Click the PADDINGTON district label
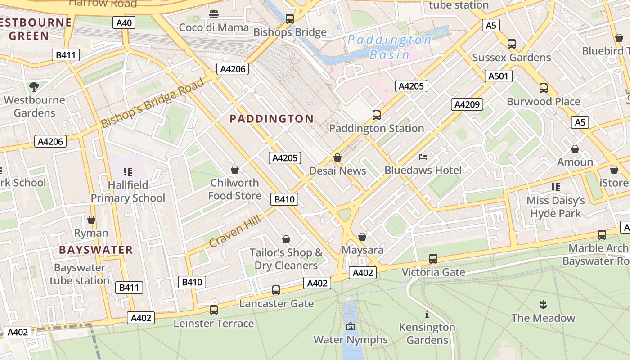(271, 119)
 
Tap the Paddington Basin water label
(389, 47)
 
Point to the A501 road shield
(498, 76)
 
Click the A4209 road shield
(467, 104)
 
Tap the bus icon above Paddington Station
(377, 115)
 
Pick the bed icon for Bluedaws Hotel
(423, 157)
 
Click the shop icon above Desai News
(337, 157)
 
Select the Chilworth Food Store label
(234, 189)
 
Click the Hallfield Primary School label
(128, 191)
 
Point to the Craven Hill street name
(235, 231)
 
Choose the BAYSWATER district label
(96, 250)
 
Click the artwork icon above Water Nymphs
(351, 326)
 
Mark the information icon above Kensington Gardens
(427, 314)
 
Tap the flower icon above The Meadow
(543, 305)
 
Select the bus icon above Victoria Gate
(433, 259)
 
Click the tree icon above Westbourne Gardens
(34, 86)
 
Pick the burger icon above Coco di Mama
(214, 14)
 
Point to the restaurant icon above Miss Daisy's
(555, 187)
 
